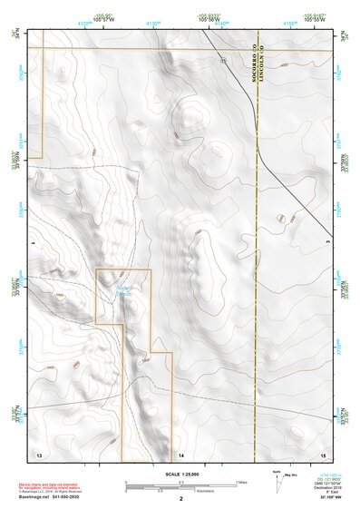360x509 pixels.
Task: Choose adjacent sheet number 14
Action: tap(181, 452)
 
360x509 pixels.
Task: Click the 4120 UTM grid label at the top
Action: tap(84, 24)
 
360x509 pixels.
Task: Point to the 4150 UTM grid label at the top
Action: tap(288, 24)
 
